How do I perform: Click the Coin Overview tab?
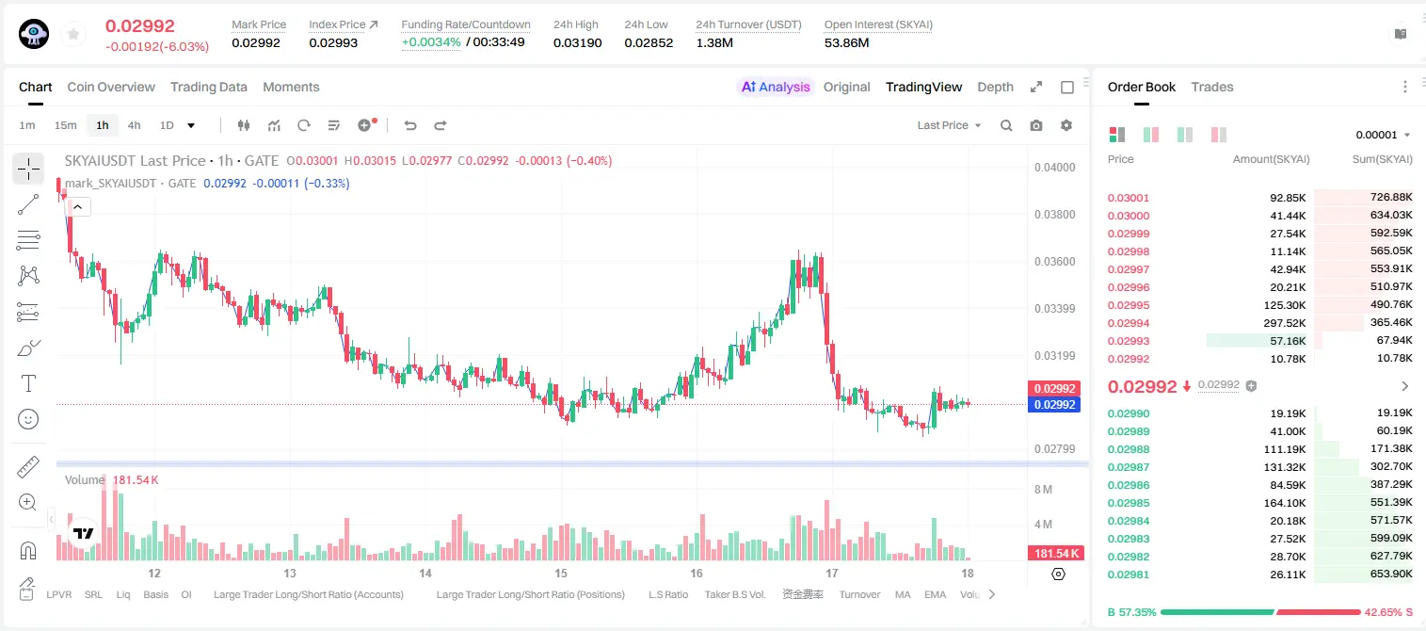click(111, 87)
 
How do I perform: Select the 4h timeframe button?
click(134, 125)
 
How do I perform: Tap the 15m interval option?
click(66, 125)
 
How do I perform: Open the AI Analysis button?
click(776, 87)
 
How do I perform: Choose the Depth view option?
click(995, 87)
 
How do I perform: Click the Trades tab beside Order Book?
click(1211, 87)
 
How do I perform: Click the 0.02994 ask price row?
click(1128, 323)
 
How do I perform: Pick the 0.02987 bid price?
click(1128, 467)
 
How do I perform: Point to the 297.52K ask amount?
click(1284, 323)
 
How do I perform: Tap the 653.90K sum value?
click(1391, 574)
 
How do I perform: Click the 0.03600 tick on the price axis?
click(1054, 262)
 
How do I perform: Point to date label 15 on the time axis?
click(560, 573)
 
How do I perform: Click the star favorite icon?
click(73, 34)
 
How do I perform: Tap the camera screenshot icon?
click(1035, 125)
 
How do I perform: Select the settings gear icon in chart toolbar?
click(1066, 125)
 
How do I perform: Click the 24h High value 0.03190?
click(577, 42)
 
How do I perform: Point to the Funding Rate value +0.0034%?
click(431, 42)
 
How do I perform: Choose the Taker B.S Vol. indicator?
click(734, 594)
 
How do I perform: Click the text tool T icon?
click(28, 383)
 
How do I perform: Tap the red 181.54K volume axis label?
click(1055, 554)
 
